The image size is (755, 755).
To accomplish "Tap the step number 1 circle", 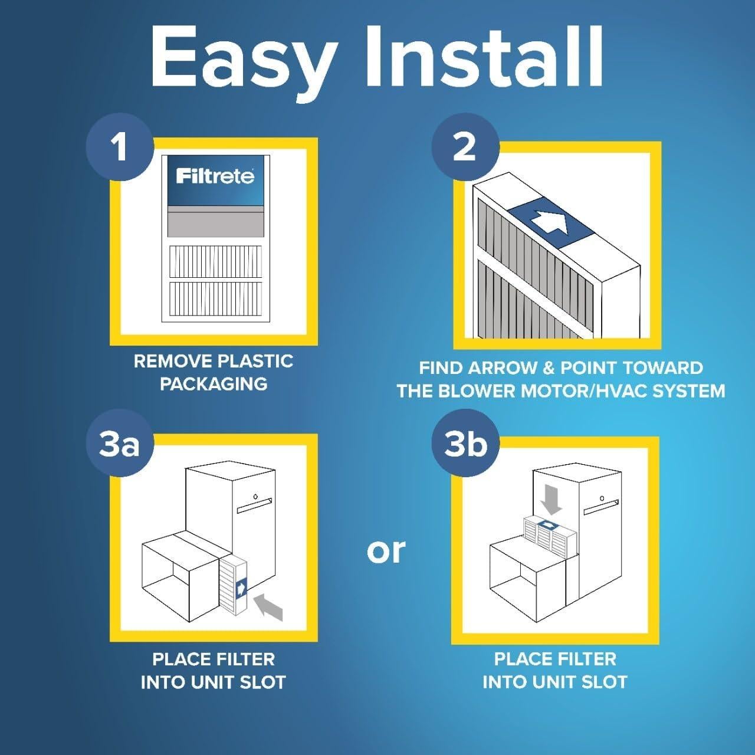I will (x=120, y=146).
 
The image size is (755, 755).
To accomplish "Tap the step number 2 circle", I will (x=465, y=146).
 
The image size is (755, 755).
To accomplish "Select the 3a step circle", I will (x=120, y=444).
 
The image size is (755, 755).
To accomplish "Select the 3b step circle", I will (x=465, y=444).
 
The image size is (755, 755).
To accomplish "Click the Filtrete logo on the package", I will (x=215, y=176).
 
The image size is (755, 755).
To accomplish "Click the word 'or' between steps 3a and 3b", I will (x=386, y=550).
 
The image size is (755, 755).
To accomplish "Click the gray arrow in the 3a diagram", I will (x=268, y=608).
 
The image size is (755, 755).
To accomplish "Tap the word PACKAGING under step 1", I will (x=214, y=384).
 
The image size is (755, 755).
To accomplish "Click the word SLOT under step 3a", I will (x=260, y=682).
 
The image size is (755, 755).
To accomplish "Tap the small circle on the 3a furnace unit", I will (x=254, y=495).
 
